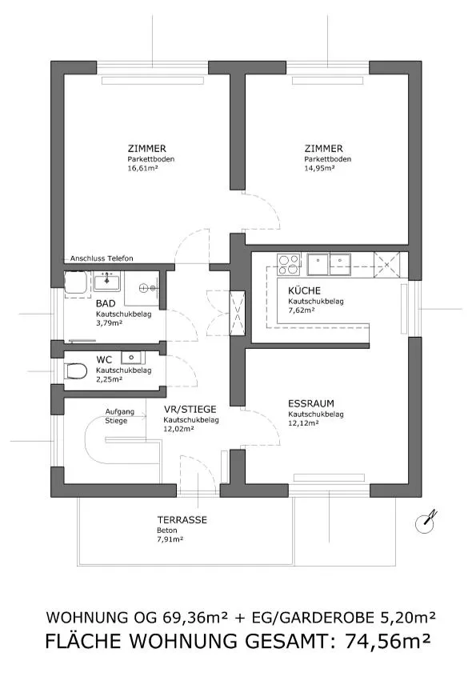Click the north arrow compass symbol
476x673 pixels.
(x=426, y=522)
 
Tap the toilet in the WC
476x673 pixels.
(x=75, y=371)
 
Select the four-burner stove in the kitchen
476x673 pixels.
(x=289, y=264)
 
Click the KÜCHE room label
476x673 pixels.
(x=304, y=290)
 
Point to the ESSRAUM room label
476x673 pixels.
(x=310, y=403)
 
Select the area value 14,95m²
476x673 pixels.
(x=320, y=168)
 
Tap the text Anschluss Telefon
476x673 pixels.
(x=102, y=258)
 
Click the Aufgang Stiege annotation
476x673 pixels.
(x=120, y=416)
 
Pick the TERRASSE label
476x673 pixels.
(x=182, y=520)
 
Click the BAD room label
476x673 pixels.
(x=106, y=303)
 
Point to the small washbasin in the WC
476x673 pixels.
(x=133, y=357)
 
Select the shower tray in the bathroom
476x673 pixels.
(x=77, y=284)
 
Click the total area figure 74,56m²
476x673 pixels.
(x=387, y=641)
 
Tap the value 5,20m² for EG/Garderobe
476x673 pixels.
(x=408, y=617)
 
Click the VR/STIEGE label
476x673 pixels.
(x=190, y=410)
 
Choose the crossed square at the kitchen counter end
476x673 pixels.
(x=386, y=264)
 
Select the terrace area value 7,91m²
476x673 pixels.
(x=170, y=539)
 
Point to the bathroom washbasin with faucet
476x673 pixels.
(x=107, y=281)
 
